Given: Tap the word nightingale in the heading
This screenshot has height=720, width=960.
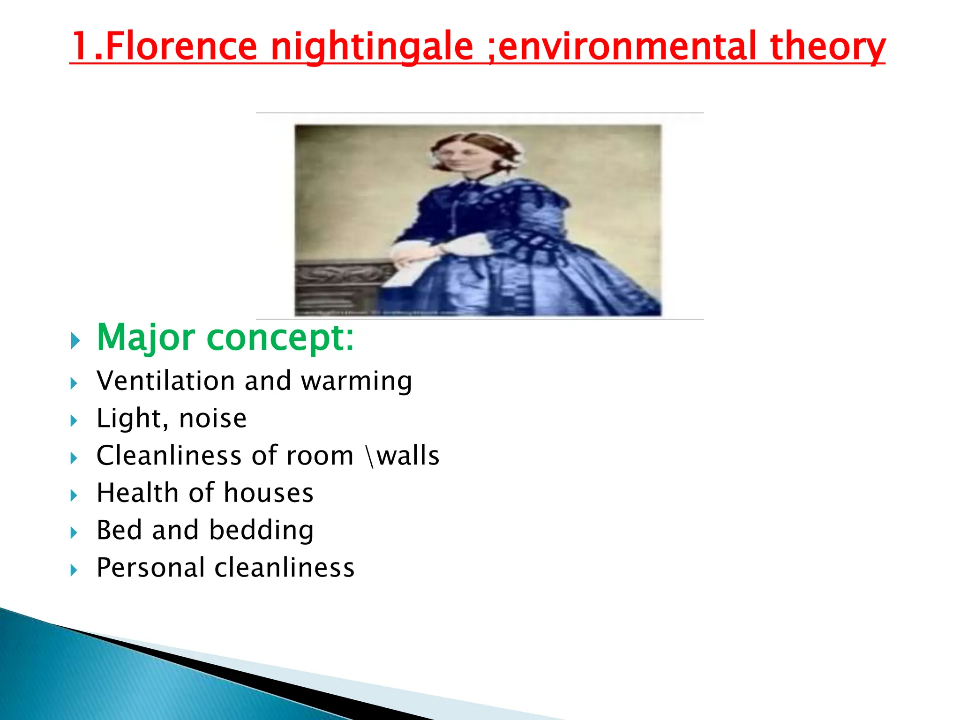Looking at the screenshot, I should tap(372, 47).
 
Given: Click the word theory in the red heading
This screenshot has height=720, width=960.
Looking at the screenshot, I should tap(827, 47).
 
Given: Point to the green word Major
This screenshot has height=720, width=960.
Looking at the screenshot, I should tap(146, 337).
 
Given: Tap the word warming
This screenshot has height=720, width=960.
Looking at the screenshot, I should tap(356, 382).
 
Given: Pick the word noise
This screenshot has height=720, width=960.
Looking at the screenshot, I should tap(213, 418).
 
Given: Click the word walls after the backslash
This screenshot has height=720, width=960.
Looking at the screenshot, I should tap(408, 456).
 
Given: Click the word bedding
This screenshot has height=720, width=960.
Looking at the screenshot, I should tap(261, 531).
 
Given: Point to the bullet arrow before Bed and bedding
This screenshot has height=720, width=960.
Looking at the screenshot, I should tap(74, 532).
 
